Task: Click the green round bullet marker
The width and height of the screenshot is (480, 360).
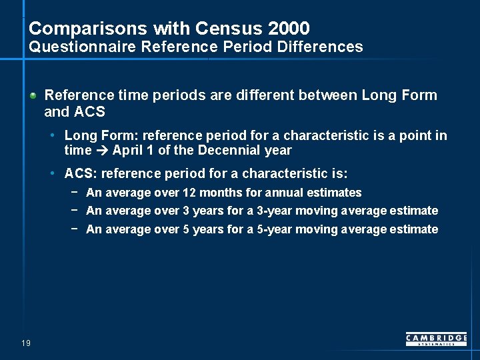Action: click(33, 96)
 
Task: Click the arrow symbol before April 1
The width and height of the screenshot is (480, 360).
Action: click(102, 151)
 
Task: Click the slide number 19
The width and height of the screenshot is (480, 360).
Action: click(26, 343)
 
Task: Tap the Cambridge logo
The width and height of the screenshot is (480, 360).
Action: click(436, 339)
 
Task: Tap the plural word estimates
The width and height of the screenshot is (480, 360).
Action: click(335, 193)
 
